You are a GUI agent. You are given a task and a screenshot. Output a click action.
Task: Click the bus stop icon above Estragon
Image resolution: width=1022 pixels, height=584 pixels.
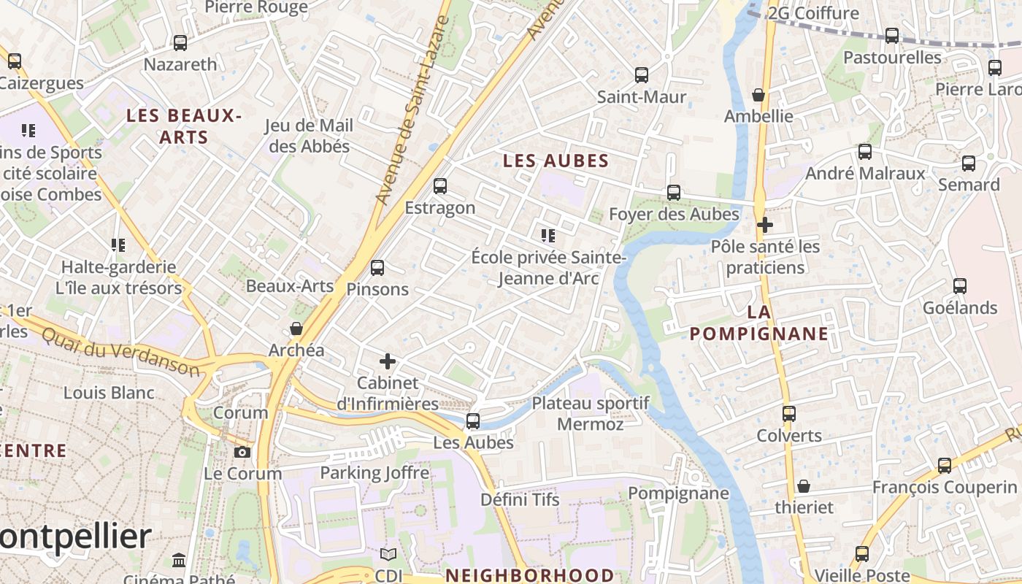[439, 186]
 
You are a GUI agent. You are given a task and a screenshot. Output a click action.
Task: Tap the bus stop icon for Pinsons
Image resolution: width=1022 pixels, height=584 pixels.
[377, 268]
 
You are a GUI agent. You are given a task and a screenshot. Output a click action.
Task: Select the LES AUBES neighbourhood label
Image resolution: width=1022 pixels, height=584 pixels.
[556, 161]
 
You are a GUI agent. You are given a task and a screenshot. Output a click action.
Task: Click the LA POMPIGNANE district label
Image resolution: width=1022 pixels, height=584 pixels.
[759, 323]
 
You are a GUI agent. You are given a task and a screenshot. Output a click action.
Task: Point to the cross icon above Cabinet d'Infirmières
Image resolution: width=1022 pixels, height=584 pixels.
[388, 361]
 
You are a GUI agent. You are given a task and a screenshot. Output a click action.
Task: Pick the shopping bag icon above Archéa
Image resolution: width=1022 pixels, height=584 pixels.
[296, 328]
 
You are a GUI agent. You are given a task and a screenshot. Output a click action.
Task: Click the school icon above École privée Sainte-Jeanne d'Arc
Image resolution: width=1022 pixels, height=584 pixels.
[547, 235]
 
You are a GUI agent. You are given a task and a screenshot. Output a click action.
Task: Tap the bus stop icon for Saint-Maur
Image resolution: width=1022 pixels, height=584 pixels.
[641, 75]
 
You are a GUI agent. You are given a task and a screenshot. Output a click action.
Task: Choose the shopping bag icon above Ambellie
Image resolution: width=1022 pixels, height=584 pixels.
[758, 95]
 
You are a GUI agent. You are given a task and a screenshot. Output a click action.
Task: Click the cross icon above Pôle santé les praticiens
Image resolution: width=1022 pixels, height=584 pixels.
[764, 225]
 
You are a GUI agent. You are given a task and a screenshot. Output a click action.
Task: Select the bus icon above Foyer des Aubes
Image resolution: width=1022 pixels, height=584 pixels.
[673, 193]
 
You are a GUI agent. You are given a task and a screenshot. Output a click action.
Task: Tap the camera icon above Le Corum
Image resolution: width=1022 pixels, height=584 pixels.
[242, 452]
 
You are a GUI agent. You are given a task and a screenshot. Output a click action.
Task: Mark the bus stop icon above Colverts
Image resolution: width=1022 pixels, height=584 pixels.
[788, 414]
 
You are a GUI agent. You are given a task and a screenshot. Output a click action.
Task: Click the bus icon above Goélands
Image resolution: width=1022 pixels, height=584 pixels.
[959, 286]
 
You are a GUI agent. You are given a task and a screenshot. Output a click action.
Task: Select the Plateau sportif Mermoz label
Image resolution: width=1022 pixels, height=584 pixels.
[590, 413]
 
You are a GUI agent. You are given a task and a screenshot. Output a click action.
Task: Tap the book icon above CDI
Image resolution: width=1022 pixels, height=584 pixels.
[388, 555]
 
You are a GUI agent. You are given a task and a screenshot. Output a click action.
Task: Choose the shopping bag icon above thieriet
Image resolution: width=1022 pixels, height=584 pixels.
[803, 486]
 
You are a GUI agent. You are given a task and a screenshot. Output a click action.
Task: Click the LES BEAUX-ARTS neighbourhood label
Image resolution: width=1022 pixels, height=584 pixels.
[183, 126]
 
